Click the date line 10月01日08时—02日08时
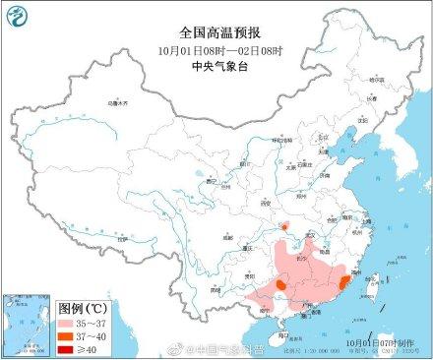216,49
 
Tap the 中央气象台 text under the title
216,67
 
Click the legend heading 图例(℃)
44,305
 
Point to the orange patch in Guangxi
280,284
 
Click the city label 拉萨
122,238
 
